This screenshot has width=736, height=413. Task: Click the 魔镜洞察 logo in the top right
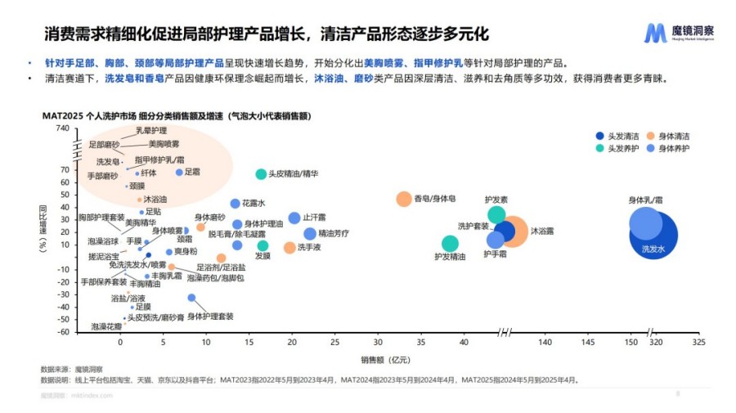coord(678,34)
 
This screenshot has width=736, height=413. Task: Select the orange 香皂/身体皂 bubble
coord(403,199)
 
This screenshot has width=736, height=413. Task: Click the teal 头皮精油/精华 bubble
coord(261,174)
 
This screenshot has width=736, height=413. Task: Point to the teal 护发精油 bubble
coord(450,243)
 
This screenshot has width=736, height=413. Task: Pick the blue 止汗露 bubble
coord(294,218)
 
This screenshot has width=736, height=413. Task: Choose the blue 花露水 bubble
coord(236,204)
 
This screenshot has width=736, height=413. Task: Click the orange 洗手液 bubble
coord(289,247)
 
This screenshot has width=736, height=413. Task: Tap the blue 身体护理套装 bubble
coord(191,298)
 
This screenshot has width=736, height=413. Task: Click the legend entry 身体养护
coord(675,148)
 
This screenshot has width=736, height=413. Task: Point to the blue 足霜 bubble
coord(179,172)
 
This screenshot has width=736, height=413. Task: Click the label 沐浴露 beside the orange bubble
coord(541,231)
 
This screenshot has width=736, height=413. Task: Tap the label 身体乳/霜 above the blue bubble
coord(645,200)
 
